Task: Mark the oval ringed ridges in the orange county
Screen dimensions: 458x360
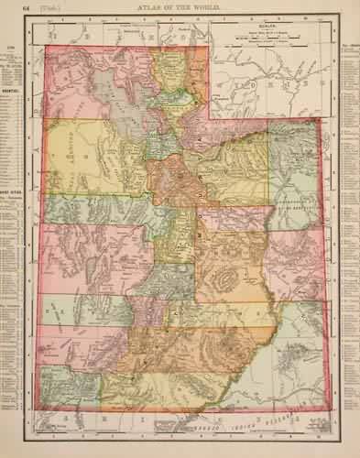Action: pos(224,276)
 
